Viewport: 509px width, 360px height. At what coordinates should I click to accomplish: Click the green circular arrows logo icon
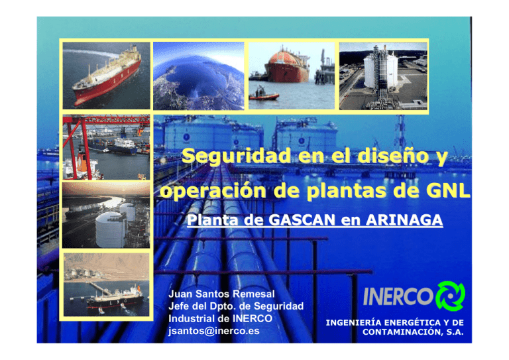click(x=449, y=295)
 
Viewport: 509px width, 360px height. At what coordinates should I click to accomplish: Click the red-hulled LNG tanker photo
click(x=106, y=74)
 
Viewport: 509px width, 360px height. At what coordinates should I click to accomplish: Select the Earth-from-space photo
click(x=198, y=74)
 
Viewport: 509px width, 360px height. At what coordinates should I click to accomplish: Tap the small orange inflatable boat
click(x=264, y=96)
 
